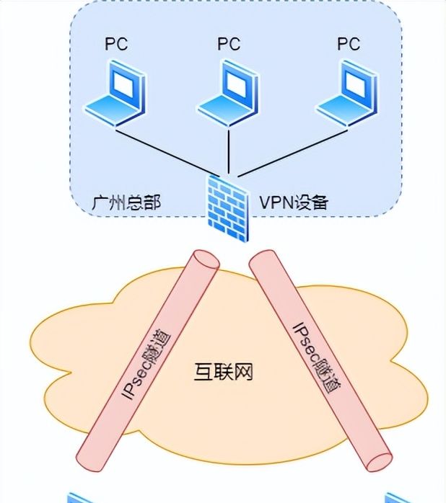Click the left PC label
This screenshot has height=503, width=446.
(116, 44)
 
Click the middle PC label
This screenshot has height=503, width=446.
(229, 44)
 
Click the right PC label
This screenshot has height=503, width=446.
(349, 44)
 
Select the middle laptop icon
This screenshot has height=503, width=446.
(229, 94)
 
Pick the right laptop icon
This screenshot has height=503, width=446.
(348, 94)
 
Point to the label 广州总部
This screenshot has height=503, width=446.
(126, 202)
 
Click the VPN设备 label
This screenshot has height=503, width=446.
(294, 202)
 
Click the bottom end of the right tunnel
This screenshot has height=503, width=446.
(378, 460)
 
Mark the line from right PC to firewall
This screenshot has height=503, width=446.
(289, 152)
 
